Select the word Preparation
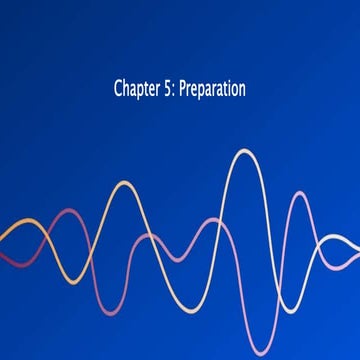[212, 90]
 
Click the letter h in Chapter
[126, 89]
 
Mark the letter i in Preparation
[228, 89]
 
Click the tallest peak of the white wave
[242, 151]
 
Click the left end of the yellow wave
[2, 238]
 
